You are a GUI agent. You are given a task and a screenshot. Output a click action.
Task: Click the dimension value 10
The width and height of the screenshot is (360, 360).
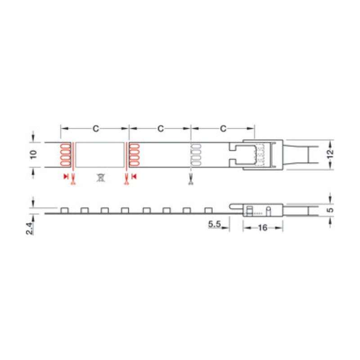click(x=33, y=154)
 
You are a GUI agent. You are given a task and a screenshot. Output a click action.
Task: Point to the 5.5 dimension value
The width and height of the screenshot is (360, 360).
click(x=215, y=224)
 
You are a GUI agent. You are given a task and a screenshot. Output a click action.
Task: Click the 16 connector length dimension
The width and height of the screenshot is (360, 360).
click(x=263, y=228)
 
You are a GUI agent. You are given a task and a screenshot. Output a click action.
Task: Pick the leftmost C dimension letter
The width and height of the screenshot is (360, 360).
click(x=96, y=129)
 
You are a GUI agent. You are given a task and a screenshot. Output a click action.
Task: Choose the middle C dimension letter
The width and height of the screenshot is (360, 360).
click(x=161, y=129)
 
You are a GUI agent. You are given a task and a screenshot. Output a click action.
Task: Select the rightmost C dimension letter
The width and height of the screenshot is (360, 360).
click(x=223, y=129)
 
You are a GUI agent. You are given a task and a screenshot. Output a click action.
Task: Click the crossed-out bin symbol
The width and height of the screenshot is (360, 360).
click(x=100, y=177)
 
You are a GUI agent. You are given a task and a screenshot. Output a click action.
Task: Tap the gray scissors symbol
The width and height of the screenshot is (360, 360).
click(x=190, y=179)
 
